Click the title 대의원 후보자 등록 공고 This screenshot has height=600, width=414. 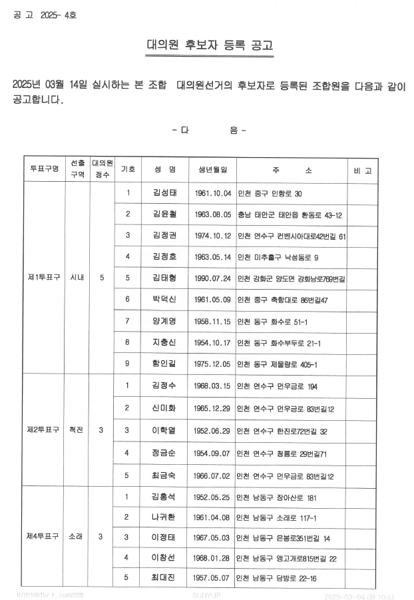209,47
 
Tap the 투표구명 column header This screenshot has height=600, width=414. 45,170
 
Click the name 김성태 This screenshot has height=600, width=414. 164,193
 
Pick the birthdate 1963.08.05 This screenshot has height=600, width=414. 213,214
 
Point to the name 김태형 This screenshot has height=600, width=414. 164,278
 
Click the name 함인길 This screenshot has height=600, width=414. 164,364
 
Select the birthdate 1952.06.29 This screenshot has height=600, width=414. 213,430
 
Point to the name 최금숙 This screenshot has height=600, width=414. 164,476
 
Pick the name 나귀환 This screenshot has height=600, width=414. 164,517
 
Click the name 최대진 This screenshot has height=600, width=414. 164,578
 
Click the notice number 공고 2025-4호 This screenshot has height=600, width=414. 44,14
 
